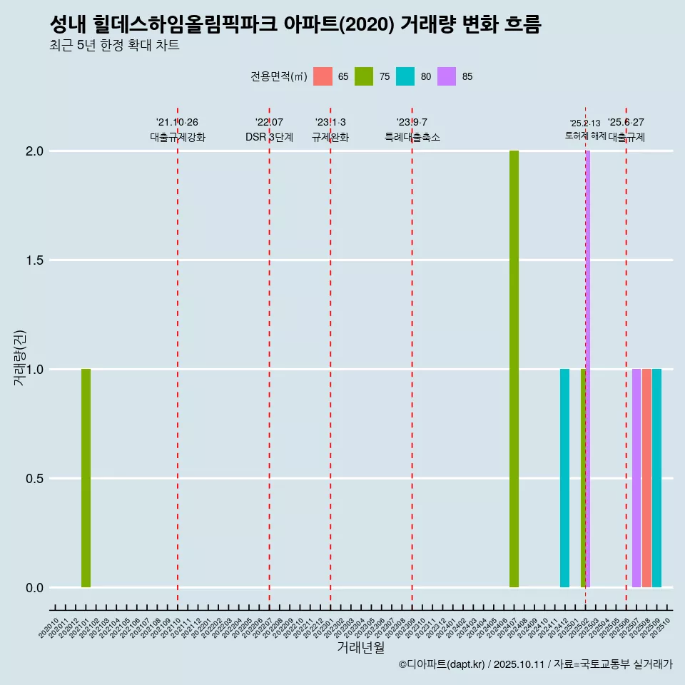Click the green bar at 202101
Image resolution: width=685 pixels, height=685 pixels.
click(x=86, y=478)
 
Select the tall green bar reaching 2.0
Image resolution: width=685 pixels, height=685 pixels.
click(x=514, y=369)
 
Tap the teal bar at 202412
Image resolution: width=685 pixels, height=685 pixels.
click(x=564, y=478)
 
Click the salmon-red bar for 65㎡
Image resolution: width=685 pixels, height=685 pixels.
click(x=646, y=478)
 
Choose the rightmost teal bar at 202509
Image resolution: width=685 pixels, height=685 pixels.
click(x=656, y=478)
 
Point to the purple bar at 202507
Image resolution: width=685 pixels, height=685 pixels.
click(x=636, y=478)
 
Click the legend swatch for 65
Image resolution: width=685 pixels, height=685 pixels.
click(x=323, y=76)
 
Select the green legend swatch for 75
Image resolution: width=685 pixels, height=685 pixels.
click(x=365, y=76)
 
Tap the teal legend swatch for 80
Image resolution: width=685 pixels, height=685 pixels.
click(x=405, y=76)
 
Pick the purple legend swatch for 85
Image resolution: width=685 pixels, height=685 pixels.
click(x=447, y=76)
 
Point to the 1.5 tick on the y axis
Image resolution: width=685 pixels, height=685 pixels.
click(x=34, y=260)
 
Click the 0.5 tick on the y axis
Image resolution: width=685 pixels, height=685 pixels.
click(x=34, y=479)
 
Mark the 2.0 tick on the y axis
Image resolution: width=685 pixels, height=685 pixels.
click(x=34, y=151)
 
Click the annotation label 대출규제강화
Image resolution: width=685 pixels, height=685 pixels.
click(x=178, y=137)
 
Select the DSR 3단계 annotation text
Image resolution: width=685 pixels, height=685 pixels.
click(x=269, y=137)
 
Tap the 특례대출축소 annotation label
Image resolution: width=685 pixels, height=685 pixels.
click(x=412, y=137)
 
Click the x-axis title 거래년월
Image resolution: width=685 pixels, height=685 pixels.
click(x=360, y=647)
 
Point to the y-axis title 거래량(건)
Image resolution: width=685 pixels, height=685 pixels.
click(x=20, y=357)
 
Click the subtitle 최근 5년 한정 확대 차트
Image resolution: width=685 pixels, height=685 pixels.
click(x=114, y=46)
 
